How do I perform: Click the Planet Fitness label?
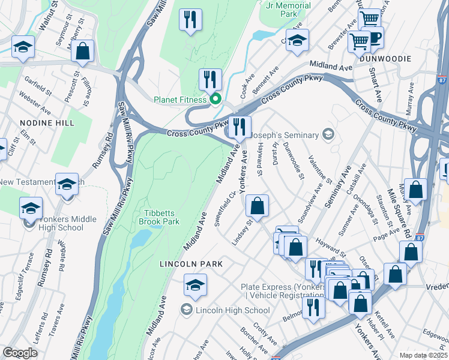point(180,100)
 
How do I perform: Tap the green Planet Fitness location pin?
point(214,100)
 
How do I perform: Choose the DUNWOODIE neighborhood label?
point(385,59)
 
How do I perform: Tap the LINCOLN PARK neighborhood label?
point(191,264)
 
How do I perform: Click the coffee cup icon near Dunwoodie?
point(372,38)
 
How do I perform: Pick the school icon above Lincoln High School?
point(195,286)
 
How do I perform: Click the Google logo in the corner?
point(20,353)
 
